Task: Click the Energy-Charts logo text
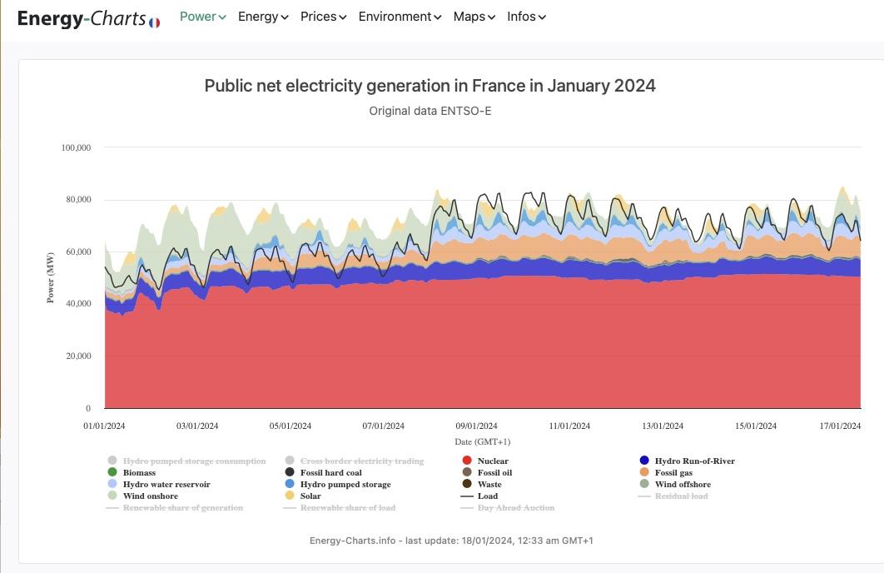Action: pyautogui.click(x=82, y=17)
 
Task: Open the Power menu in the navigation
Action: pyautogui.click(x=202, y=17)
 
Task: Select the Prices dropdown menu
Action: pyautogui.click(x=323, y=17)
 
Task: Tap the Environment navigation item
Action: pyautogui.click(x=400, y=17)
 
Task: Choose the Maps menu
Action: pyautogui.click(x=474, y=17)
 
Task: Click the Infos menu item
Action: pyautogui.click(x=526, y=17)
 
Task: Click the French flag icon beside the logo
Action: pyautogui.click(x=155, y=22)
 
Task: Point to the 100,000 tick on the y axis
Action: pyautogui.click(x=76, y=147)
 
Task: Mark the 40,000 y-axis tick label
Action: pyautogui.click(x=78, y=304)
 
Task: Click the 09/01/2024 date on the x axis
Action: pyautogui.click(x=476, y=426)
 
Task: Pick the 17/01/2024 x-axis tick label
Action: pyautogui.click(x=840, y=426)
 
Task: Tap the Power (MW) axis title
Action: pyautogui.click(x=51, y=277)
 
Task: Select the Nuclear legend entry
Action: pyautogui.click(x=492, y=461)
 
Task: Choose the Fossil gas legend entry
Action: pyautogui.click(x=673, y=472)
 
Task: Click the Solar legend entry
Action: pyautogui.click(x=310, y=496)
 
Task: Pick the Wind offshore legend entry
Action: pyautogui.click(x=682, y=484)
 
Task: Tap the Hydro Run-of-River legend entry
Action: pyautogui.click(x=694, y=461)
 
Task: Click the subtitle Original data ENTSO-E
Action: pyautogui.click(x=430, y=111)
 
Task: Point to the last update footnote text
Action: pyautogui.click(x=451, y=541)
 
